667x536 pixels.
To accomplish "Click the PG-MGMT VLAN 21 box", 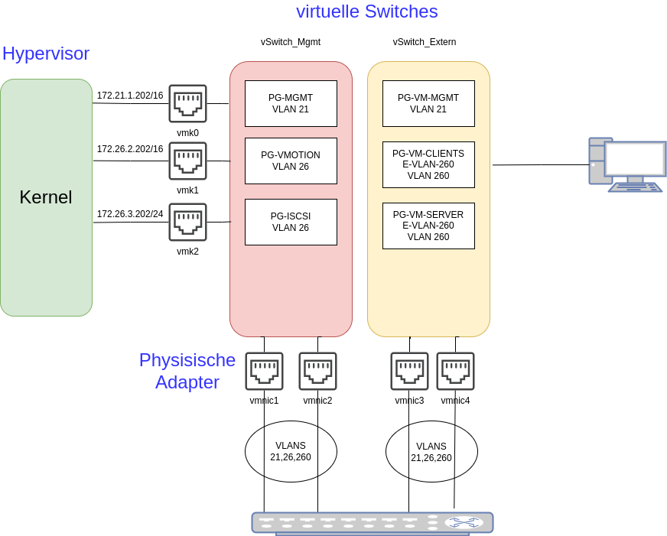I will (x=291, y=103).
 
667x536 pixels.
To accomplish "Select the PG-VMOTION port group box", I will (x=291, y=161).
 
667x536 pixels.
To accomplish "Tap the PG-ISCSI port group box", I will (x=291, y=222).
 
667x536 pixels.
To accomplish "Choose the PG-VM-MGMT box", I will (x=428, y=103).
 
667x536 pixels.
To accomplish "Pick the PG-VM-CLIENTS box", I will (x=428, y=164).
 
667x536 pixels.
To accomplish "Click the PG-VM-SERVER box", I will (x=428, y=226).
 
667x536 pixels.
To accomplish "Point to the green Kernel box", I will (x=46, y=197).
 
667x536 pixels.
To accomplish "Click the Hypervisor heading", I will (x=46, y=54).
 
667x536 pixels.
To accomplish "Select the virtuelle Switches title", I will (x=366, y=11).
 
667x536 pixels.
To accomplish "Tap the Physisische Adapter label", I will (x=187, y=371).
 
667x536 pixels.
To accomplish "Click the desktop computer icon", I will (x=626, y=164).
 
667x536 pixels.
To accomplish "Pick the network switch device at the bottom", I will (x=373, y=522).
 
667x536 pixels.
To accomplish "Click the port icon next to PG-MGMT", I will (x=187, y=103).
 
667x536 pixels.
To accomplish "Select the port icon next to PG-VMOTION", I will (x=187, y=161).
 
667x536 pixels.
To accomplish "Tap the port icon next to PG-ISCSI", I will (x=187, y=222).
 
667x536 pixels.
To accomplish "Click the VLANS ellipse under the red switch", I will (x=291, y=451).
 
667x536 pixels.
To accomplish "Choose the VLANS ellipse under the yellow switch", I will (x=431, y=452).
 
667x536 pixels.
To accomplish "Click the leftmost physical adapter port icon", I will (x=264, y=371).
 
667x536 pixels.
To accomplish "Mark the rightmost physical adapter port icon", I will (x=455, y=371).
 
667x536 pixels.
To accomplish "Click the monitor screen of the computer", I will (x=635, y=158).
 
